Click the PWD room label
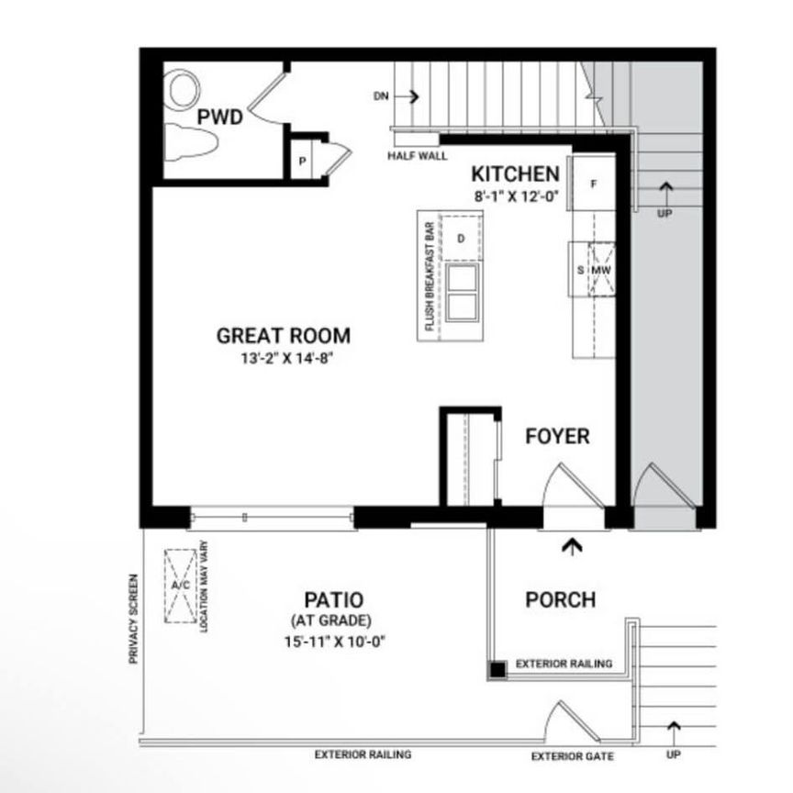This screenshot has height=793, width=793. [219, 117]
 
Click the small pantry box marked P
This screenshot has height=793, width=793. [301, 162]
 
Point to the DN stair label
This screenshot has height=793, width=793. [382, 95]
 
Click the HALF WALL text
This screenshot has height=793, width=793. [418, 155]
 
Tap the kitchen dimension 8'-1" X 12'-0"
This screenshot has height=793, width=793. [517, 195]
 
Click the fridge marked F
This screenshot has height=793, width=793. [593, 184]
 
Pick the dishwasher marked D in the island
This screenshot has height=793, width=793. [462, 239]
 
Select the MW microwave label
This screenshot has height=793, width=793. [601, 270]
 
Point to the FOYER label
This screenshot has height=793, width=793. [557, 435]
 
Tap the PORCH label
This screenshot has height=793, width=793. [560, 599]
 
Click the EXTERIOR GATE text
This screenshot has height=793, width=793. [573, 757]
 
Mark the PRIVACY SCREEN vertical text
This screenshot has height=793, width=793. [134, 620]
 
